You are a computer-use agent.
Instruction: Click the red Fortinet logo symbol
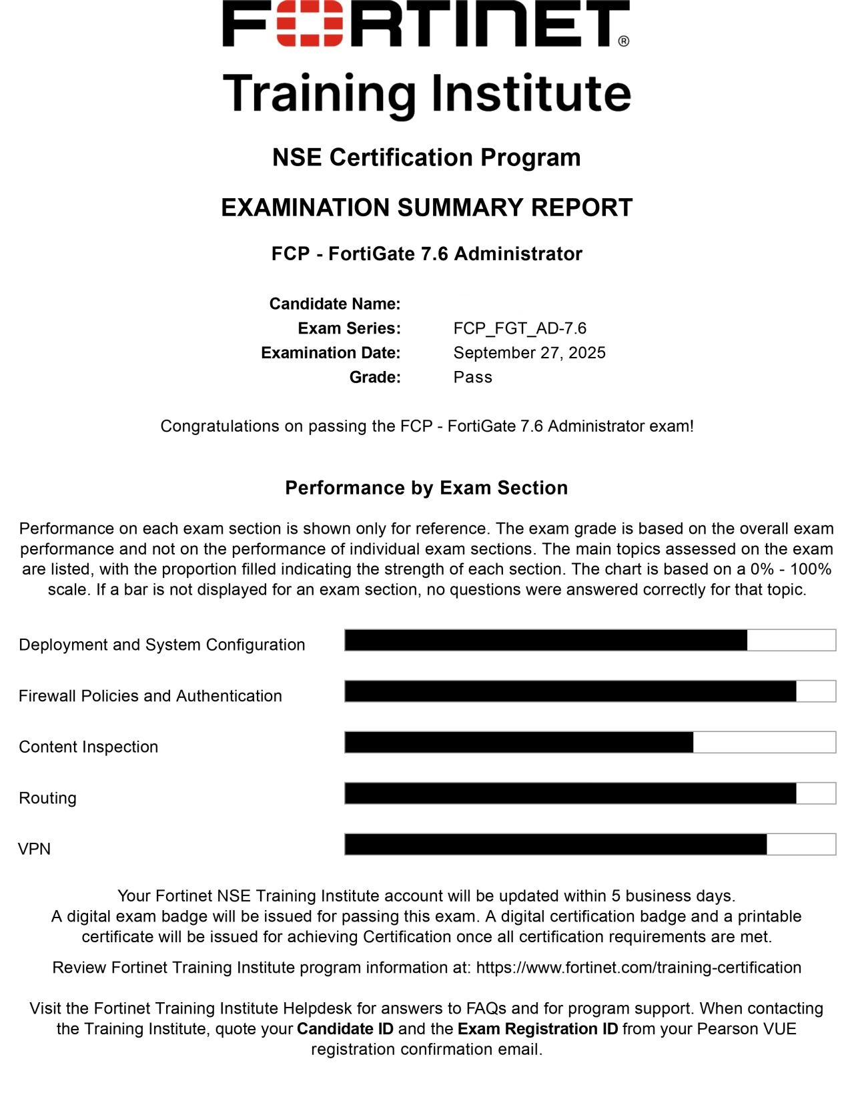(310, 23)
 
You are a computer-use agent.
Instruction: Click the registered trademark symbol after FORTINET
(623, 41)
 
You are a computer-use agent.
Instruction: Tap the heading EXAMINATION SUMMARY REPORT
(426, 208)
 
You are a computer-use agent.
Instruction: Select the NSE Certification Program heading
(426, 157)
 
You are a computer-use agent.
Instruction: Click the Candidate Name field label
(335, 304)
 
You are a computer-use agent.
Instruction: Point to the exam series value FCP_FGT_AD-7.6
(520, 328)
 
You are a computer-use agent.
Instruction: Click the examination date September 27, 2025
(529, 353)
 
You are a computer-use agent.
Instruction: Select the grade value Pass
(472, 377)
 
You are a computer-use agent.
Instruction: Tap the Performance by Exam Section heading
(426, 488)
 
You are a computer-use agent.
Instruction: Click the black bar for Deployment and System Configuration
(546, 640)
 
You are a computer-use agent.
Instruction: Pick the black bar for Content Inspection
(519, 742)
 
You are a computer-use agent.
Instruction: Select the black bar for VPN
(556, 844)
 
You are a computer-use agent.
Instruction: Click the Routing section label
(47, 798)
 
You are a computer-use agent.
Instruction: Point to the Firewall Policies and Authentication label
(150, 696)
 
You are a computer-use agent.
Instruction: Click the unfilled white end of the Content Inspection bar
(764, 742)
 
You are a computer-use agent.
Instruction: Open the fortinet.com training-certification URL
(638, 968)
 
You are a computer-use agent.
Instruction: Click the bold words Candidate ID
(345, 1029)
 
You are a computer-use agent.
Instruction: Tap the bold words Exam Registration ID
(538, 1029)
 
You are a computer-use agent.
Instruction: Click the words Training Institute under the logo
(426, 93)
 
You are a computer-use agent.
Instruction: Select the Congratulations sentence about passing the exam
(426, 426)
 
